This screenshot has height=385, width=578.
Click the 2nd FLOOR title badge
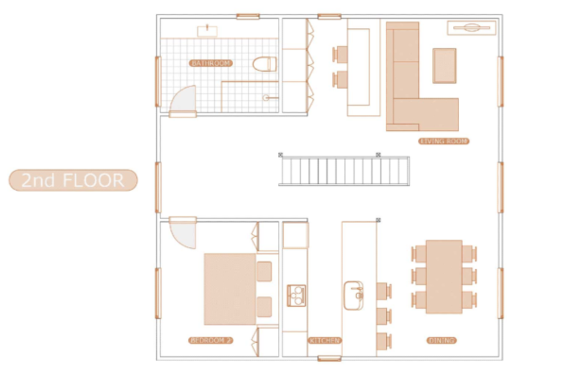coord(73,180)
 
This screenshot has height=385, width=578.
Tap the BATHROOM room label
coord(211,63)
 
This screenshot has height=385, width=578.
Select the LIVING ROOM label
coord(444,141)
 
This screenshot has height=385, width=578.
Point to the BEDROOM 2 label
coord(210,340)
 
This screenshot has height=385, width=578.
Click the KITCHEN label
coord(324,340)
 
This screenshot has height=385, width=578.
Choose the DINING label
coord(442,340)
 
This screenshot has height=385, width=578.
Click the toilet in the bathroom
coord(264,64)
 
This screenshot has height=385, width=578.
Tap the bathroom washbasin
coord(207,31)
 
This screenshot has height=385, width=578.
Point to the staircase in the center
coord(344,171)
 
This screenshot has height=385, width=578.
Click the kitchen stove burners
coord(296,296)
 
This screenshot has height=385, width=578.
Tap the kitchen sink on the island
coord(353,296)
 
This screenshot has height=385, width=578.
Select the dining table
coord(444,277)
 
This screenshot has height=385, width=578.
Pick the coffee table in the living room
coord(444,66)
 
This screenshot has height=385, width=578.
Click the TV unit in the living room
coord(471,28)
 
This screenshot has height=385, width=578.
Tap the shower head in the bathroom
coord(270,98)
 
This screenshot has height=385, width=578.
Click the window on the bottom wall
coord(329,358)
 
